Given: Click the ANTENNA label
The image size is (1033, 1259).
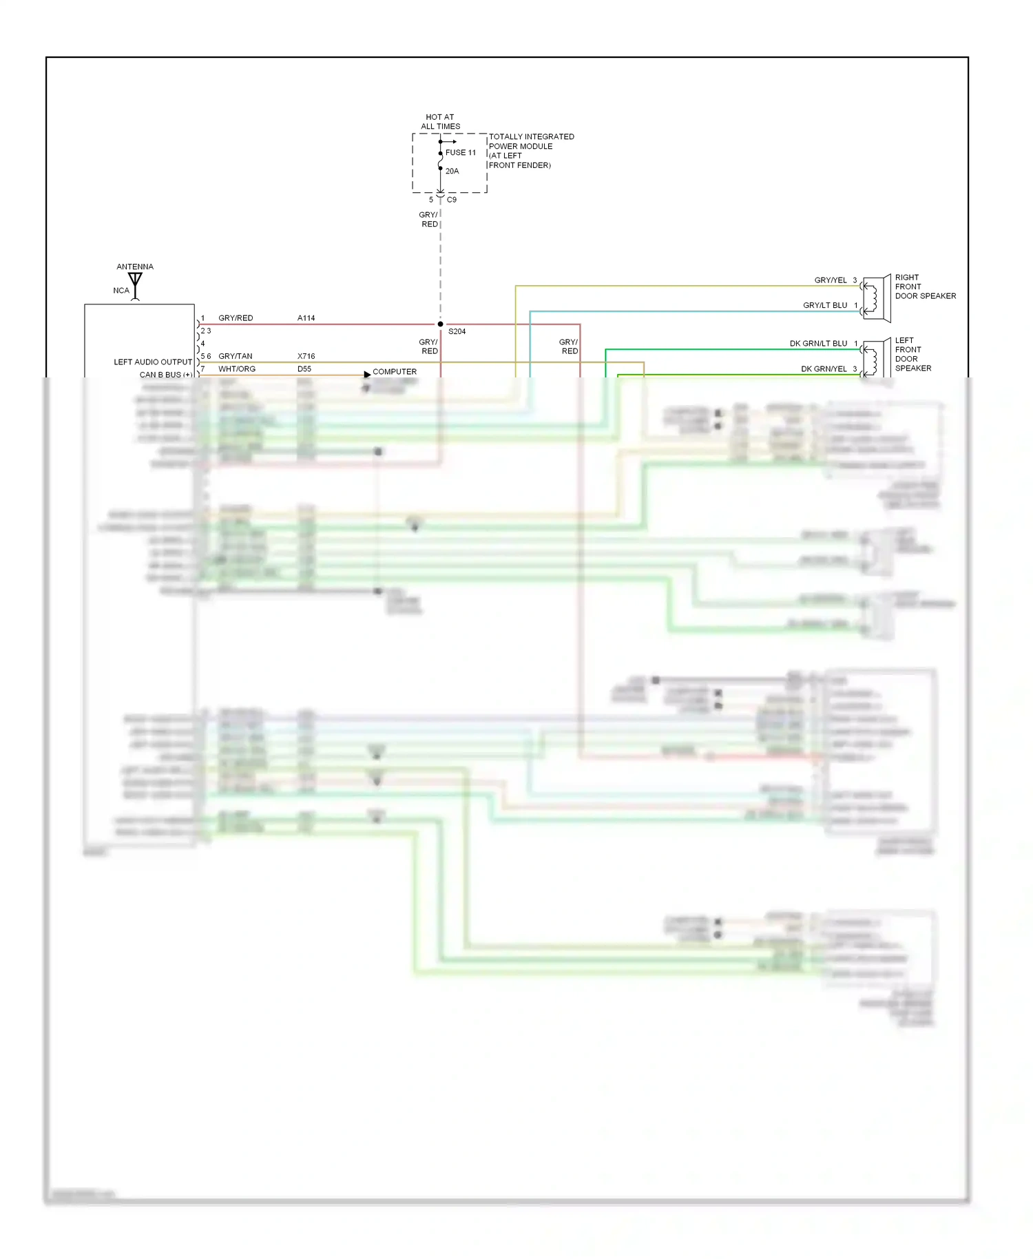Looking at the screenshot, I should [135, 267].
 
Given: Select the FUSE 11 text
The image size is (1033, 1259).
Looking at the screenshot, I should [460, 153].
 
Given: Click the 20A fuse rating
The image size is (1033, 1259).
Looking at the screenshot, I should [452, 171].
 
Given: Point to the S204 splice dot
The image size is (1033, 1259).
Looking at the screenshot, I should [440, 324].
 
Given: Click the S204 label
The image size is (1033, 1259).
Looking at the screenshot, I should [457, 332].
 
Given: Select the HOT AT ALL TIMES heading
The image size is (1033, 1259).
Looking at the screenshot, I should [440, 122].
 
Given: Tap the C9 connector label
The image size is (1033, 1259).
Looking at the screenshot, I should [452, 200].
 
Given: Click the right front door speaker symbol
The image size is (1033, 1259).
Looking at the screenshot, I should [875, 298].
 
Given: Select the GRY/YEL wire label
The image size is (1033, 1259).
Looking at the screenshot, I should [830, 280].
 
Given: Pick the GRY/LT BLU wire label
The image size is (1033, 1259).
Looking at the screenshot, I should [824, 305].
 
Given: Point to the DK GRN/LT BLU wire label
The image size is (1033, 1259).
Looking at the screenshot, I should [817, 344].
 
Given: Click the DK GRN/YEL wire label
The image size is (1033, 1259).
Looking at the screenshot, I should [823, 369].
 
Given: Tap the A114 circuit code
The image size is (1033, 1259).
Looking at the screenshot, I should [306, 318].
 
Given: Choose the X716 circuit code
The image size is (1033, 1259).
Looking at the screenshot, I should [306, 357].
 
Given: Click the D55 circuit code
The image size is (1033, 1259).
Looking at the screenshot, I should [304, 369].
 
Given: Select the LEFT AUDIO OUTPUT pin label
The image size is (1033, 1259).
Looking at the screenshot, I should [153, 362].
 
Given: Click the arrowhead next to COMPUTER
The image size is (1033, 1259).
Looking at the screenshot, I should [367, 374].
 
